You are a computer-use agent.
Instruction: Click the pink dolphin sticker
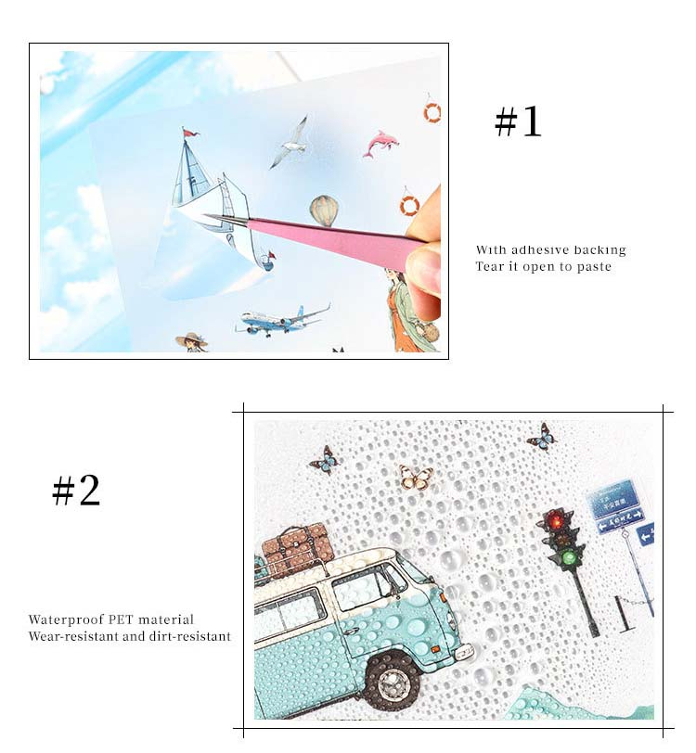[380, 143]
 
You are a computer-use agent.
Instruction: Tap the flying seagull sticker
[290, 143]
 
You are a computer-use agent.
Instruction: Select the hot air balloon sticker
[325, 211]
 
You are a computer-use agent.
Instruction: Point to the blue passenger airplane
[283, 320]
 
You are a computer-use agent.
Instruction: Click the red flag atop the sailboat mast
[191, 132]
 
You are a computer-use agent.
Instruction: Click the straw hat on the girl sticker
[192, 339]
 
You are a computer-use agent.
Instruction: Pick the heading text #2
[76, 490]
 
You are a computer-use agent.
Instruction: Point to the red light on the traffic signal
[557, 520]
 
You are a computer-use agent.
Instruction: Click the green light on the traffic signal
[570, 557]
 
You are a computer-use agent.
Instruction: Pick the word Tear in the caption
[487, 266]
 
